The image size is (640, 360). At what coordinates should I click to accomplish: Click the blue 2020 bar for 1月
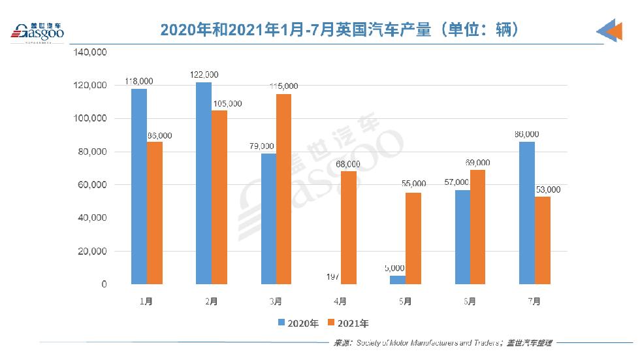pyautogui.click(x=138, y=186)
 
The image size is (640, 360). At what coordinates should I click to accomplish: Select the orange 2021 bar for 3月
pyautogui.click(x=283, y=189)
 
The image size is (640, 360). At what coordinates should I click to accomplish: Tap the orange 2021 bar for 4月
pyautogui.click(x=348, y=227)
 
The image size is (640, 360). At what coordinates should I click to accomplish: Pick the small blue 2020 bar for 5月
pyautogui.click(x=397, y=280)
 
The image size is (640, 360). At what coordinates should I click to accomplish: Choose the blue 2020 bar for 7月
pyautogui.click(x=526, y=213)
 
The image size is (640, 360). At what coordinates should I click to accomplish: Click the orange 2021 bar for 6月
pyautogui.click(x=477, y=227)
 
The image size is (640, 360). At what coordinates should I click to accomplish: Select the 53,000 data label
pyautogui.click(x=547, y=189)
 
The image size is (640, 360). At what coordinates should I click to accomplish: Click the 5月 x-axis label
pyautogui.click(x=405, y=301)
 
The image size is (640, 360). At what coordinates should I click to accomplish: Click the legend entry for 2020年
pyautogui.click(x=298, y=323)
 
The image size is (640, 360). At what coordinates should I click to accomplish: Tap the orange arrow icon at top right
pyautogui.click(x=611, y=31)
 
